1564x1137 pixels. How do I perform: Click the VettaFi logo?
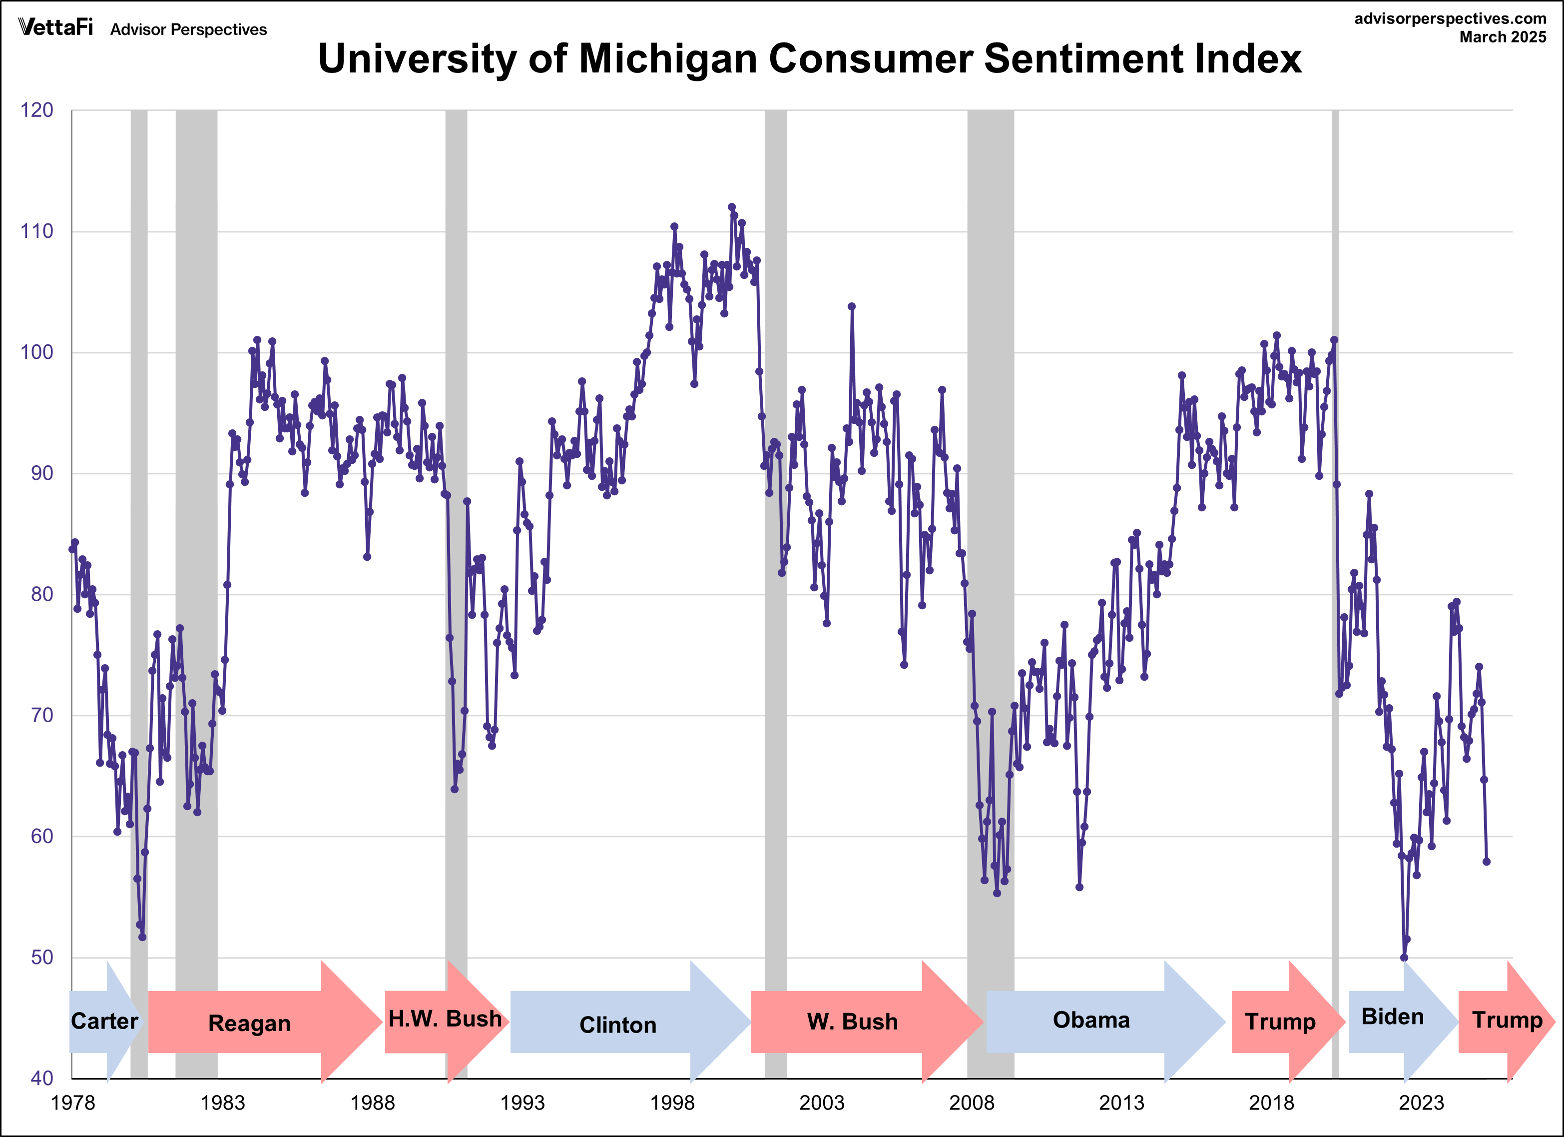(55, 27)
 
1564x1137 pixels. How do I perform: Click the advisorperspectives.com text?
(1450, 18)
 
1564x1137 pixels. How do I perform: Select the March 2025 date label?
(1503, 37)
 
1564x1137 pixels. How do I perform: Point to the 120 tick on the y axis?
(36, 110)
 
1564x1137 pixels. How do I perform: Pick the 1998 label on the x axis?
(672, 1103)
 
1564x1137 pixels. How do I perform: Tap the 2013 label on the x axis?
(1121, 1103)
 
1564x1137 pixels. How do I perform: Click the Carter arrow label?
(104, 1021)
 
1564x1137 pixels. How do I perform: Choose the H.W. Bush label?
(445, 1019)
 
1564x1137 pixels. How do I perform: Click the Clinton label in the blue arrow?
(617, 1025)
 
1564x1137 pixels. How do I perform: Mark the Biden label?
(1392, 1017)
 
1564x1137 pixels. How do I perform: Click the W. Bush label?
(852, 1022)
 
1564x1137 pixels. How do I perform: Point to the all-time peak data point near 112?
(732, 207)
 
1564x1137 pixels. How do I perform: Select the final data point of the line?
(1487, 862)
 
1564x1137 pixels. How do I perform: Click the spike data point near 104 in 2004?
(852, 306)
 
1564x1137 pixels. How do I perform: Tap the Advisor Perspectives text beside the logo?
(188, 29)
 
